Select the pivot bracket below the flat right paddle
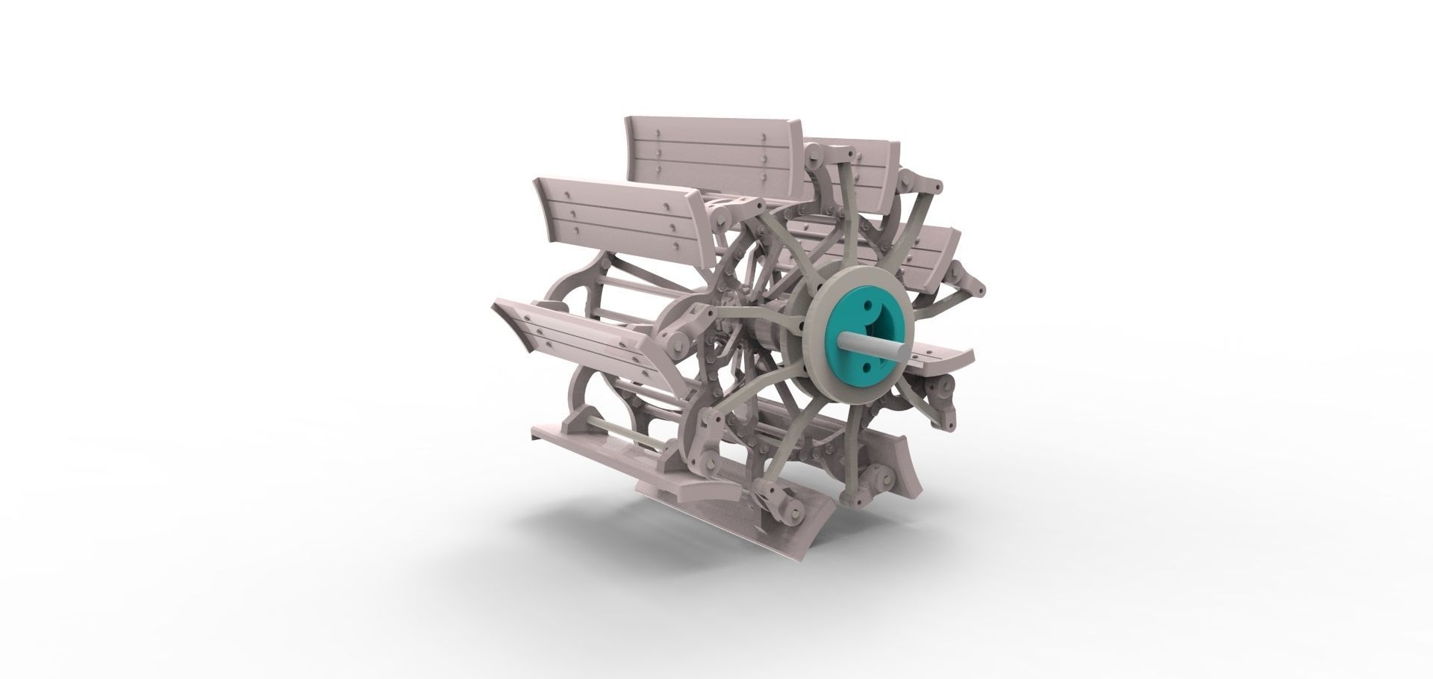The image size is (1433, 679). pos(937,389)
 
